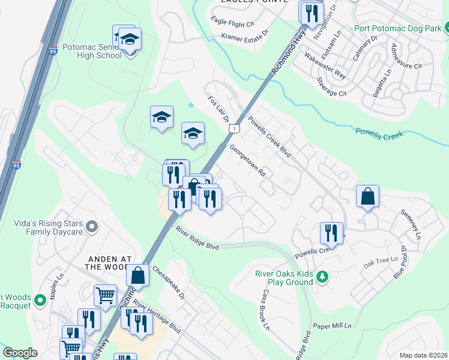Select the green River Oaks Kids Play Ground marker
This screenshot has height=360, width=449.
(x=323, y=277)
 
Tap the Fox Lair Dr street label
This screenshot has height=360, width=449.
(x=218, y=109)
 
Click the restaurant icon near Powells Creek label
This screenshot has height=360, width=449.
(x=331, y=233)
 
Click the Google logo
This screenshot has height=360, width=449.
(x=20, y=352)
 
